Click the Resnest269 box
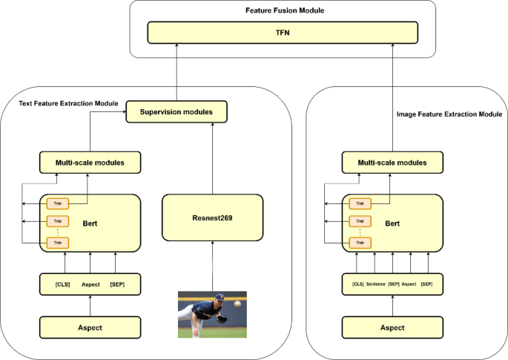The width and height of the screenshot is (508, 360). [x=212, y=217]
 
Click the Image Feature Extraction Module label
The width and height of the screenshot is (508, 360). [x=449, y=115]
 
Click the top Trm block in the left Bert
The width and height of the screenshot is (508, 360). [x=57, y=204]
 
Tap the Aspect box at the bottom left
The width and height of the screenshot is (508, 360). [x=89, y=327]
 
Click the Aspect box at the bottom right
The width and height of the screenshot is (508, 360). [x=393, y=327]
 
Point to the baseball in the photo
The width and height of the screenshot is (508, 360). [x=237, y=304]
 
